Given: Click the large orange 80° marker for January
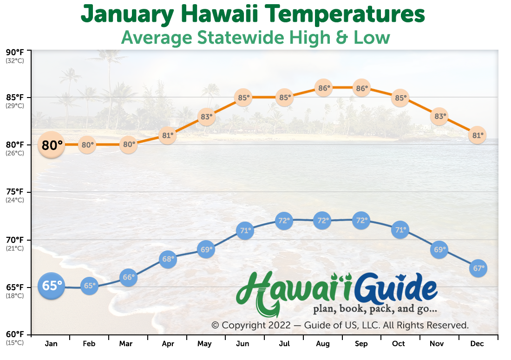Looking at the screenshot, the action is [x=51, y=145].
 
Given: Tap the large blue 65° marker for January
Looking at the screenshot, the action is [x=51, y=286].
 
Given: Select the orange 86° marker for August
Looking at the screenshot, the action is [x=324, y=88].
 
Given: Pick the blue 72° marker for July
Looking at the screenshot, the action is [x=284, y=221].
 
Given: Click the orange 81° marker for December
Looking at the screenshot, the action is [x=478, y=135].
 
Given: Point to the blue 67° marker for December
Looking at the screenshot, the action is [x=478, y=268].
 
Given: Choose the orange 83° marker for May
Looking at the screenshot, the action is [x=206, y=117].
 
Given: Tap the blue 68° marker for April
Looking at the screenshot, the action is [x=168, y=259].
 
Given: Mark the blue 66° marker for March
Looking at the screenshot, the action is [x=128, y=277].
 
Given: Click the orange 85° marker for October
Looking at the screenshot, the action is [x=400, y=98].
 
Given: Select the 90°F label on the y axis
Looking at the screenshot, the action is [x=15, y=52].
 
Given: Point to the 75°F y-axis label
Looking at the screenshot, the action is [x=15, y=191].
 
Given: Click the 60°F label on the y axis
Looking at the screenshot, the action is [x=15, y=334].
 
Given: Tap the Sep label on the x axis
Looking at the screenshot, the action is [x=361, y=344].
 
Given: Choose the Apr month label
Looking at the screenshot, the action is [x=168, y=344].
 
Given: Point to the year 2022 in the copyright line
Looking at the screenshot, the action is [x=279, y=325].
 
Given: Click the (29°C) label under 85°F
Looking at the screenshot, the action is [x=15, y=106].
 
